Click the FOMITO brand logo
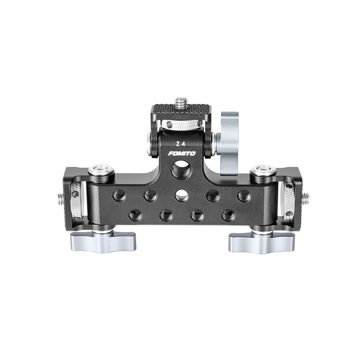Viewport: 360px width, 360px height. click(x=181, y=153)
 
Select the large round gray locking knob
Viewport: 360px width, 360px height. click(x=229, y=143)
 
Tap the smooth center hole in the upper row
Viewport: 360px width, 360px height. click(x=181, y=195)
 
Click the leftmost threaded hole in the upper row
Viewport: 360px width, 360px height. click(x=119, y=195)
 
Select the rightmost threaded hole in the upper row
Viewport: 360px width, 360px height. click(x=244, y=195)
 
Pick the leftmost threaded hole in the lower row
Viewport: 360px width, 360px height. click(x=135, y=215)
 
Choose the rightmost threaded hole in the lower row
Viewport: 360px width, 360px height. click(x=228, y=215)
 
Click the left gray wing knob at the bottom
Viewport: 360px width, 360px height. click(x=103, y=241)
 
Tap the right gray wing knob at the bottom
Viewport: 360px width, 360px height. click(x=261, y=241)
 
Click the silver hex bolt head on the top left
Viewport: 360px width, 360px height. click(x=101, y=170)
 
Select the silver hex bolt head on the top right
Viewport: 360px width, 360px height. click(x=263, y=170)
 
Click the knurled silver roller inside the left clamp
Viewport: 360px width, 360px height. click(x=76, y=200)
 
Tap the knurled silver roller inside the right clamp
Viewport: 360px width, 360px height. click(x=288, y=200)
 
